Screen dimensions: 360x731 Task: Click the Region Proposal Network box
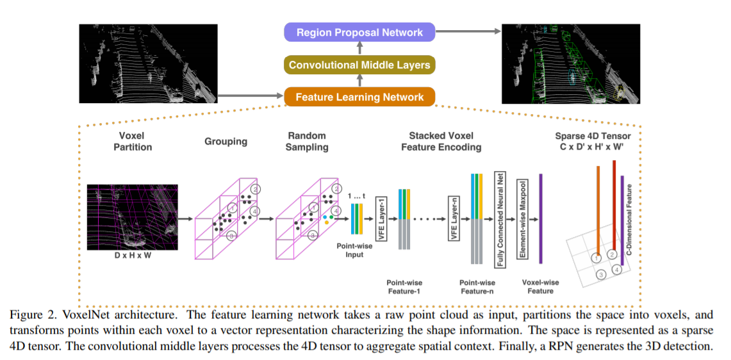[359, 33]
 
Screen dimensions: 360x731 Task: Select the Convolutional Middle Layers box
[359, 65]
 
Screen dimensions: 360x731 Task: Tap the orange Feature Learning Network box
[359, 97]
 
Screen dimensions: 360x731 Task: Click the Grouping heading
[226, 142]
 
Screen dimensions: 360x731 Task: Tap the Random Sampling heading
[307, 142]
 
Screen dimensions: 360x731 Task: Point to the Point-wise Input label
[350, 250]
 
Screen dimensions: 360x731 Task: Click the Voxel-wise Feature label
[540, 286]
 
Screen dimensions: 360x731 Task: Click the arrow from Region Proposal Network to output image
[468, 31]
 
